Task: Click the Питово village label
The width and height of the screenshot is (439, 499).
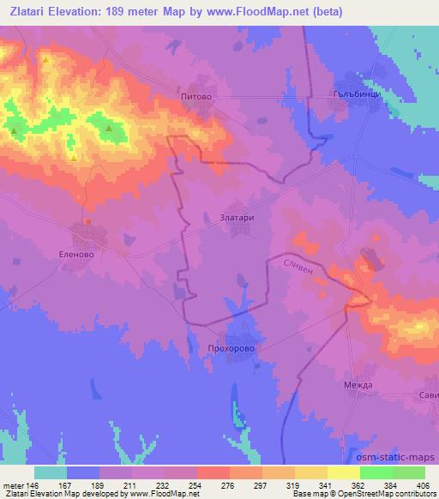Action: pyautogui.click(x=195, y=99)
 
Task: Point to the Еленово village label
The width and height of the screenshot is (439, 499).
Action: pyautogui.click(x=87, y=255)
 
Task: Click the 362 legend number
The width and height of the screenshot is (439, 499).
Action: pyautogui.click(x=360, y=485)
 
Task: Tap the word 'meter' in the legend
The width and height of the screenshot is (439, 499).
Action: pyautogui.click(x=12, y=485)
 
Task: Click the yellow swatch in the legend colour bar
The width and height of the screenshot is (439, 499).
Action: pyautogui.click(x=311, y=472)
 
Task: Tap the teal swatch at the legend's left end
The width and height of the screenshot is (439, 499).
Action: pyautogui.click(x=51, y=472)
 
